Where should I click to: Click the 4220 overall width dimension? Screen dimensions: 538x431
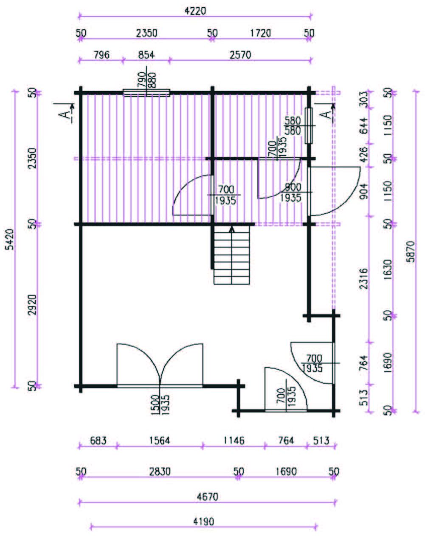click(195, 11)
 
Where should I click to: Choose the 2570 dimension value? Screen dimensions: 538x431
click(240, 55)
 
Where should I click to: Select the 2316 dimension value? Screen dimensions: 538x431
click(364, 279)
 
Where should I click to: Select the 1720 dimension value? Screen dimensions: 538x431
click(260, 33)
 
